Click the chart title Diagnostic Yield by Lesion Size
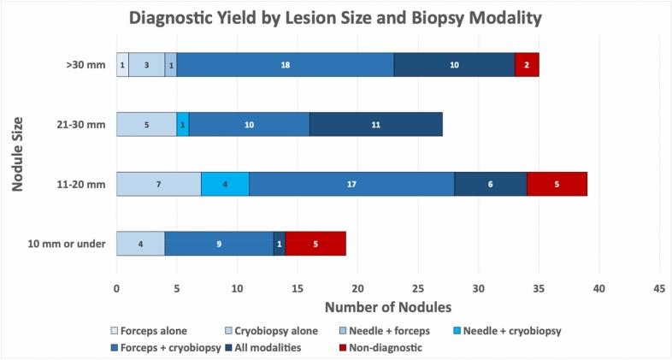coord(336,17)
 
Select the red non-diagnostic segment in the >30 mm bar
coord(527,65)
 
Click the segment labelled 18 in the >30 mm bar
coord(285,65)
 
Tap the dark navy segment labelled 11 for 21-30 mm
coord(375,124)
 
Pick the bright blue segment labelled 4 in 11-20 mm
coord(225,184)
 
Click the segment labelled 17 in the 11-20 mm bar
coord(351,184)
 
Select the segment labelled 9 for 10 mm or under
coord(219,244)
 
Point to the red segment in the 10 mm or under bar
coord(315,244)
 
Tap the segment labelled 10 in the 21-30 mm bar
coord(249,124)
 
